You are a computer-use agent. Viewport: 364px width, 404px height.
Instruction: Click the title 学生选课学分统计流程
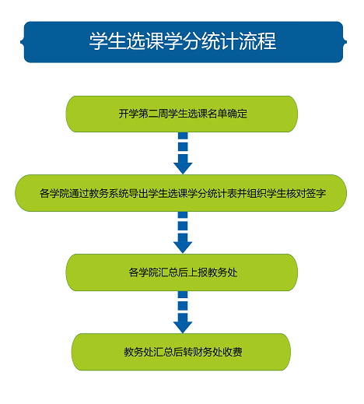tap(183, 41)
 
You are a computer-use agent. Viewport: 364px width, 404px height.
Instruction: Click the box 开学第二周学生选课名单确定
tap(181, 114)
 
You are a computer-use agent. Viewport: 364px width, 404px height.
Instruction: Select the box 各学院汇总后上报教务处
tap(181, 272)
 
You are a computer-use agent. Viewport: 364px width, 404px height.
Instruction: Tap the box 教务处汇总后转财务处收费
tap(181, 352)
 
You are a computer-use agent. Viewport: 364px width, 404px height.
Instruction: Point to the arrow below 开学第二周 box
tap(183, 153)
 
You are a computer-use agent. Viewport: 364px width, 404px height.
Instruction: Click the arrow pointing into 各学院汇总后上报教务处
tap(183, 233)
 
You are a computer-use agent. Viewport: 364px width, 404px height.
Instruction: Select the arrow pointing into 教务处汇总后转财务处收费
tap(183, 312)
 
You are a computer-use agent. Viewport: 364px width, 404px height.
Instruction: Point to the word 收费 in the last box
tap(233, 352)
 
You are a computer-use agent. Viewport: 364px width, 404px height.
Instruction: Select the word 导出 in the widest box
tap(138, 193)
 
